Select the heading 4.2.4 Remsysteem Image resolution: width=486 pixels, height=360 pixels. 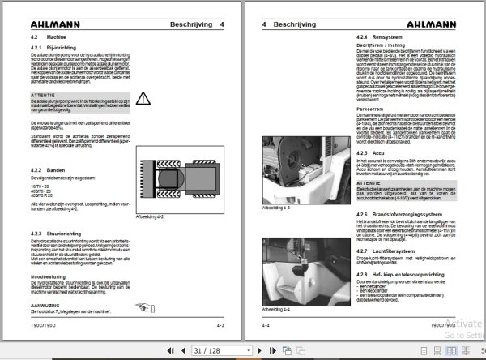coord(379,39)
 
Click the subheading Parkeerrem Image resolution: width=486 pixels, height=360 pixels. coord(370,109)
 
